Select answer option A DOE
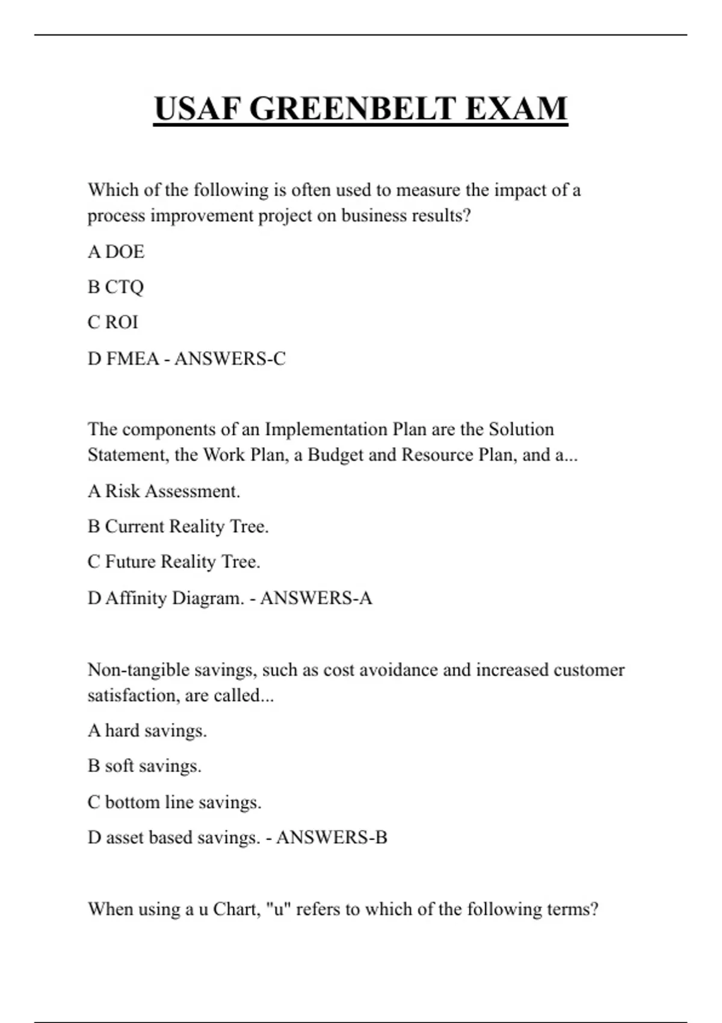[x=116, y=252]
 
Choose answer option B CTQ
[x=116, y=287]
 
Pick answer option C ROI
[x=113, y=323]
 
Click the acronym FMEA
[x=132, y=359]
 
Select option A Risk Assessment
[x=164, y=491]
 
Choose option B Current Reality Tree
[x=178, y=527]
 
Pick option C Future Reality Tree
[x=174, y=562]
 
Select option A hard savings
[x=147, y=731]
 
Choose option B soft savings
[x=144, y=766]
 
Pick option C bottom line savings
[x=174, y=802]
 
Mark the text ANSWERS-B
[x=332, y=838]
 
